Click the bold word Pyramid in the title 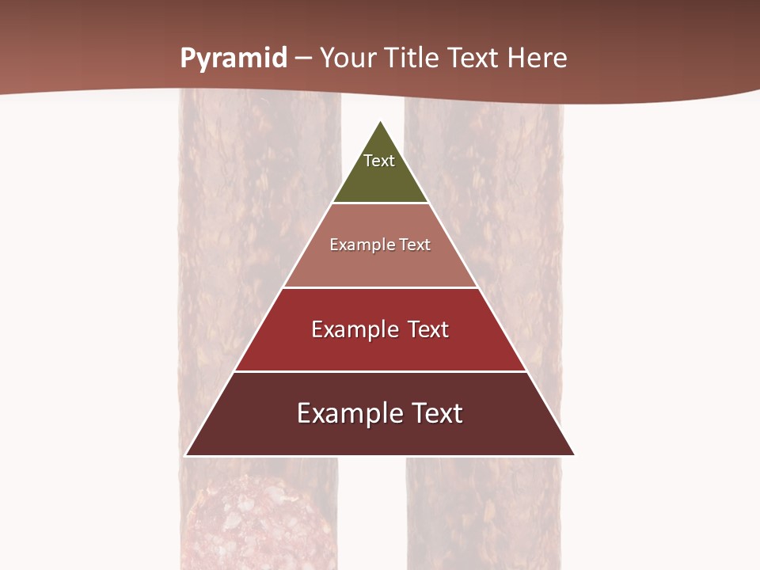[x=234, y=59]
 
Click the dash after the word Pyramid [x=303, y=59]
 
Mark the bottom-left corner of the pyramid [x=186, y=455]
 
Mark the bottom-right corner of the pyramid [x=574, y=455]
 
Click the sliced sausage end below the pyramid [x=253, y=522]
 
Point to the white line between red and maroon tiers [x=380, y=371]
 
